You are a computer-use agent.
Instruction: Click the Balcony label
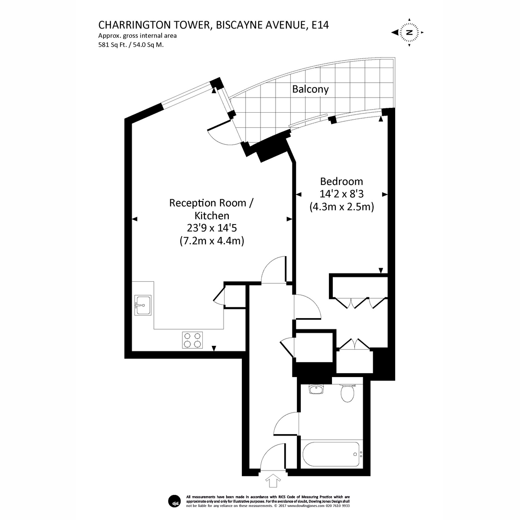(x=310, y=90)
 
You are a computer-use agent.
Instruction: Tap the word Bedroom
(x=341, y=182)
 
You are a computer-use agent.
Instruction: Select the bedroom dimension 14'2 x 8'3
(x=341, y=194)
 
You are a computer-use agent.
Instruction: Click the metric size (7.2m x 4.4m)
(x=211, y=241)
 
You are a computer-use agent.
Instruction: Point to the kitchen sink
(x=142, y=305)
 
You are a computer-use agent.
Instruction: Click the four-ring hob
(x=192, y=340)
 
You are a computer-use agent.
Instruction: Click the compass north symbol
(x=409, y=32)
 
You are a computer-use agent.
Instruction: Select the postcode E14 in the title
(x=321, y=25)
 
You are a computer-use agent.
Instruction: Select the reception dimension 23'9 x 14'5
(x=211, y=228)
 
